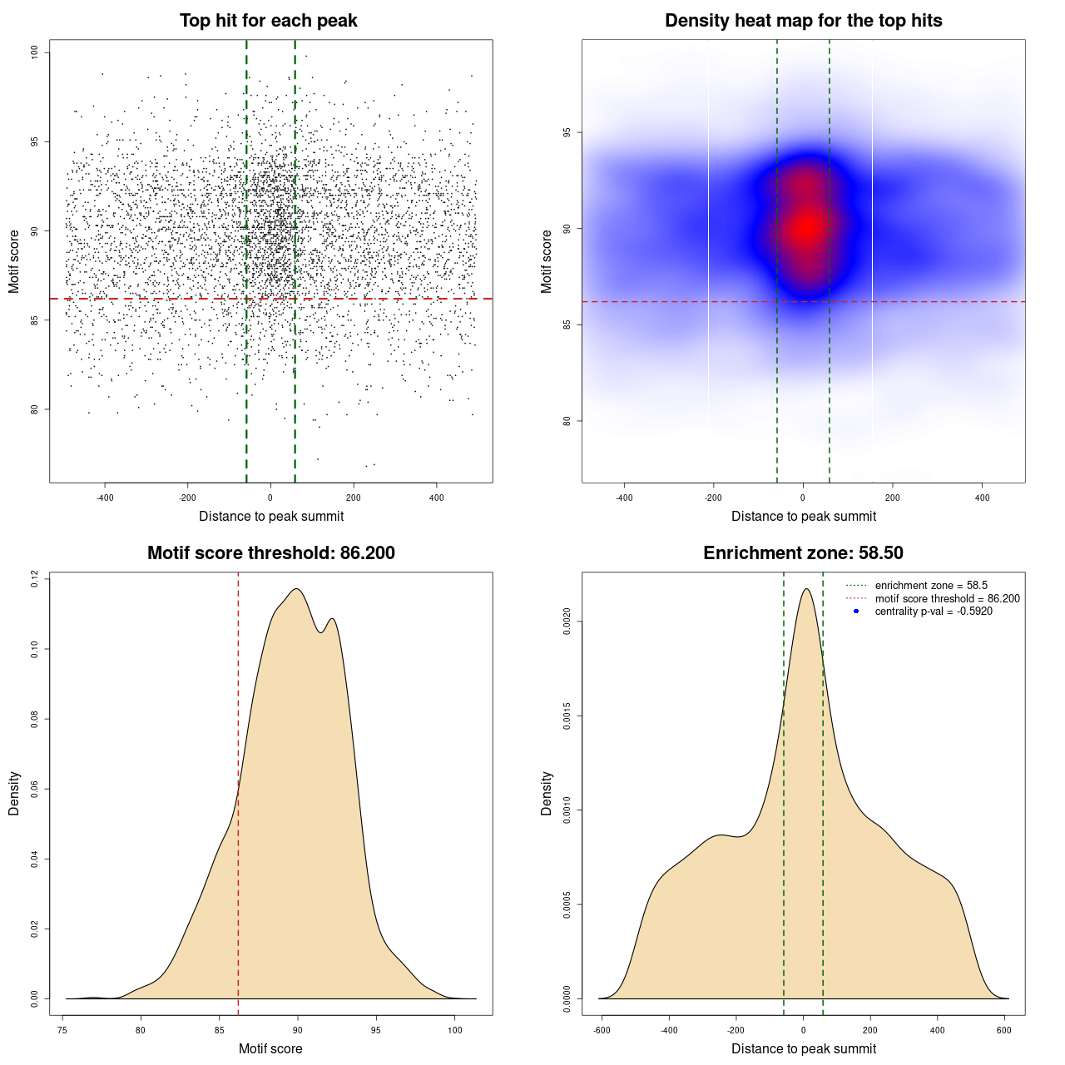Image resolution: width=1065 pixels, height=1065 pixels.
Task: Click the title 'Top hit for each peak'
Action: pyautogui.click(x=268, y=21)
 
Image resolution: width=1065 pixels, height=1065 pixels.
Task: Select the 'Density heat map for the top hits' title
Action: pyautogui.click(x=803, y=21)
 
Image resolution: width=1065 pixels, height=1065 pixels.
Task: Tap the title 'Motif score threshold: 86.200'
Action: pyautogui.click(x=270, y=553)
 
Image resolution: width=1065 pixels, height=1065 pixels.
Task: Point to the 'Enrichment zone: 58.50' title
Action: pyautogui.click(x=803, y=553)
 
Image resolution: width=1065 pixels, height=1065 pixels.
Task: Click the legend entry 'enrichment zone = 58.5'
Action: pyautogui.click(x=931, y=586)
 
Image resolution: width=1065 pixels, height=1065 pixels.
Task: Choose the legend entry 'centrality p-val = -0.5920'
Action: pyautogui.click(x=934, y=612)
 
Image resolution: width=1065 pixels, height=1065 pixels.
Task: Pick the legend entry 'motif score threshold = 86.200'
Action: pyautogui.click(x=947, y=599)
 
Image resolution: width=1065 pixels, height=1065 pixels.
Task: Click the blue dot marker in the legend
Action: pyautogui.click(x=856, y=612)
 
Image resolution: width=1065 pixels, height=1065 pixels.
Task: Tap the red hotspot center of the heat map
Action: pyautogui.click(x=805, y=226)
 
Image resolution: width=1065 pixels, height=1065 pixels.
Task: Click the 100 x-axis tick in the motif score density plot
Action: pyautogui.click(x=454, y=1030)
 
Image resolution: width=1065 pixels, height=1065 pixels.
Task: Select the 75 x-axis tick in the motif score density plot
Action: pyautogui.click(x=62, y=1030)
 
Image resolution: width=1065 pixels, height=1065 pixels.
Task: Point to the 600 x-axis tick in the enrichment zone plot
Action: pyautogui.click(x=1004, y=1030)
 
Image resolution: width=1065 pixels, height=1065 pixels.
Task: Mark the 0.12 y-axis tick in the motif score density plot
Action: pyautogui.click(x=35, y=579)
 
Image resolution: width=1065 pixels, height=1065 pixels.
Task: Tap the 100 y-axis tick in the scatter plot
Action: pyautogui.click(x=35, y=52)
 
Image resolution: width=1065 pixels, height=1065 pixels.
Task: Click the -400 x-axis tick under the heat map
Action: pyautogui.click(x=624, y=498)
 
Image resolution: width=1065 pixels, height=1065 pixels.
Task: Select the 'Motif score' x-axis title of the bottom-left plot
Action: pyautogui.click(x=270, y=1048)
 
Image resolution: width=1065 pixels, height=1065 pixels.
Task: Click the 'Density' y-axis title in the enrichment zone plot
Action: pyautogui.click(x=547, y=793)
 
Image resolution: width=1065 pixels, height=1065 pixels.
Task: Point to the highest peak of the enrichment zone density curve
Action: pyautogui.click(x=805, y=589)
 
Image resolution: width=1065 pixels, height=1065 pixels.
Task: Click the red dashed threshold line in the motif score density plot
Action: pyautogui.click(x=239, y=790)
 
